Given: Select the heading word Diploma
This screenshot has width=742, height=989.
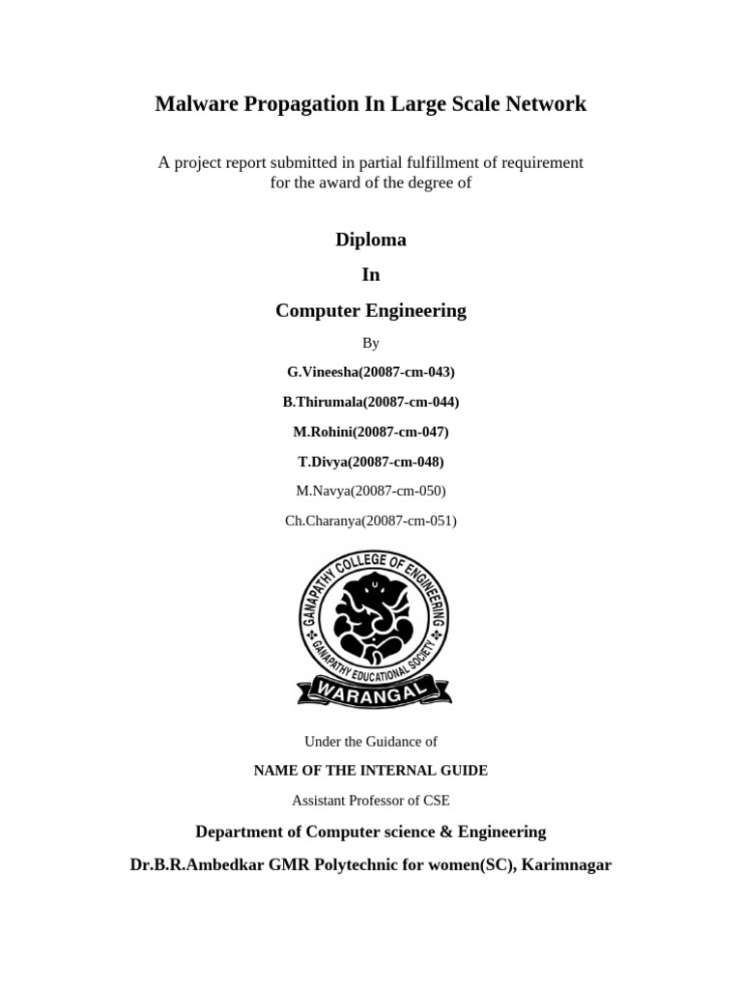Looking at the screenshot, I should tap(371, 240).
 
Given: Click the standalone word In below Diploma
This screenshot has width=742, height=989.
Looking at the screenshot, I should tap(371, 275).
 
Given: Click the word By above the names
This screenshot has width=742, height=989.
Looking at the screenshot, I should tap(371, 343).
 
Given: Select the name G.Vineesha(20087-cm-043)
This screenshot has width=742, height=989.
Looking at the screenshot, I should tap(371, 372).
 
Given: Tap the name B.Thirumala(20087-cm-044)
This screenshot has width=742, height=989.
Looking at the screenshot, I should tap(371, 402).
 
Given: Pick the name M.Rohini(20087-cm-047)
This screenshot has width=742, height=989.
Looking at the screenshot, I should tap(371, 432).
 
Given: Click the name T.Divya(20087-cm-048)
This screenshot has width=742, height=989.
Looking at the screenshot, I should tap(371, 462).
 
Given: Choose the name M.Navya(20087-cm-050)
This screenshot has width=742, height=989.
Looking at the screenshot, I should tap(371, 491).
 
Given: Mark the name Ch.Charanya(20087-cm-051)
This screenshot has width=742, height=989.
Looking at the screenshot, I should tap(371, 521).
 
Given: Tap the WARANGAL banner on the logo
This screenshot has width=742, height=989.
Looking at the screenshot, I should tap(373, 689).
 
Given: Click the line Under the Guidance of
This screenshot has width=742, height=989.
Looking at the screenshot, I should tap(371, 742).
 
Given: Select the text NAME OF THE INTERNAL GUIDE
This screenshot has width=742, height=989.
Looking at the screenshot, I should tap(371, 771).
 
